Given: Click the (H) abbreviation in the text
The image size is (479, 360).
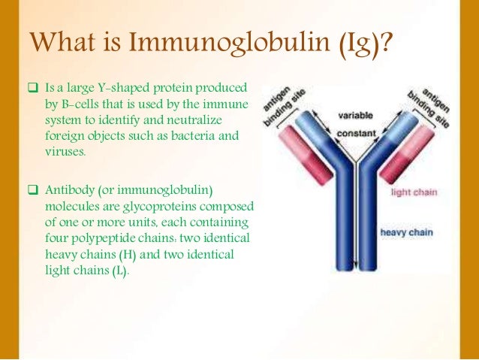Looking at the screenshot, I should point(117,255).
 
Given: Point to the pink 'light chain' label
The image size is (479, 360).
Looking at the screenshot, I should point(415,192).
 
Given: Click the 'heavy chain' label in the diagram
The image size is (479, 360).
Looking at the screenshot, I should point(406,232).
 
